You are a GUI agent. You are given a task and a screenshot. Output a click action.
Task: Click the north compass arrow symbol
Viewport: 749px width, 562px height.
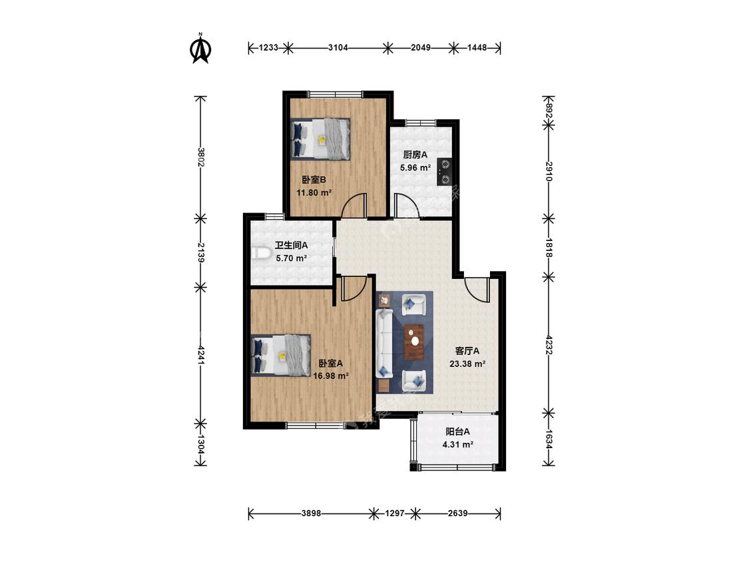point(201,48)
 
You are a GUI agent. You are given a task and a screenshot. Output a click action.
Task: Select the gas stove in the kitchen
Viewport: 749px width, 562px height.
point(445,172)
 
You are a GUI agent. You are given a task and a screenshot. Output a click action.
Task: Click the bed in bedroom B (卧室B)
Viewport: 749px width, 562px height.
point(320,139)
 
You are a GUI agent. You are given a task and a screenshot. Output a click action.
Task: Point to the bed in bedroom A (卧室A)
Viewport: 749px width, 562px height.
point(281,355)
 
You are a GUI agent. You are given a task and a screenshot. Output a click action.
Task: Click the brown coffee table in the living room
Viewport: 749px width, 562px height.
point(414,342)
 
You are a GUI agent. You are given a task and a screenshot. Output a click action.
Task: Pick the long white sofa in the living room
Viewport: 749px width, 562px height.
point(385,343)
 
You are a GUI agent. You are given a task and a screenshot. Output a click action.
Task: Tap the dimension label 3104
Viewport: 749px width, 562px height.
point(338,48)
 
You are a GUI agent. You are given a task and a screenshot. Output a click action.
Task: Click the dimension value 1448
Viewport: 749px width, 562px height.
point(477,48)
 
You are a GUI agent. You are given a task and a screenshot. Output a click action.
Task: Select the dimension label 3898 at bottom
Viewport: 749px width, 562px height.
point(311,513)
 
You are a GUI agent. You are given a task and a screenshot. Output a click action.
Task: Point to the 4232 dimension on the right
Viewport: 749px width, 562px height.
point(549,344)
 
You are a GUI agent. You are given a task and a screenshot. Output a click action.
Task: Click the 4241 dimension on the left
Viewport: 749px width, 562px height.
point(201,356)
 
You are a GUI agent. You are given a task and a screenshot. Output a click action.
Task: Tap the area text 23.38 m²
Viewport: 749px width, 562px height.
point(467,364)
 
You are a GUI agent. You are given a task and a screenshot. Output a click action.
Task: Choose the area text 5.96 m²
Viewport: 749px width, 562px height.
point(415,168)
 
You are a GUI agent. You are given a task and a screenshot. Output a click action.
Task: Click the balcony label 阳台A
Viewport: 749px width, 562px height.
point(457,431)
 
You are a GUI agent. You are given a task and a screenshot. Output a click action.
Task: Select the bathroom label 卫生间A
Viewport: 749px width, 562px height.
point(291,245)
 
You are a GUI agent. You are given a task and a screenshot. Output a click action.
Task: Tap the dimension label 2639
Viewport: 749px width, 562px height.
point(457,513)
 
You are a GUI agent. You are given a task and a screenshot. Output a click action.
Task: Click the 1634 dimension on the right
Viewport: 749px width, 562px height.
point(549,438)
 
